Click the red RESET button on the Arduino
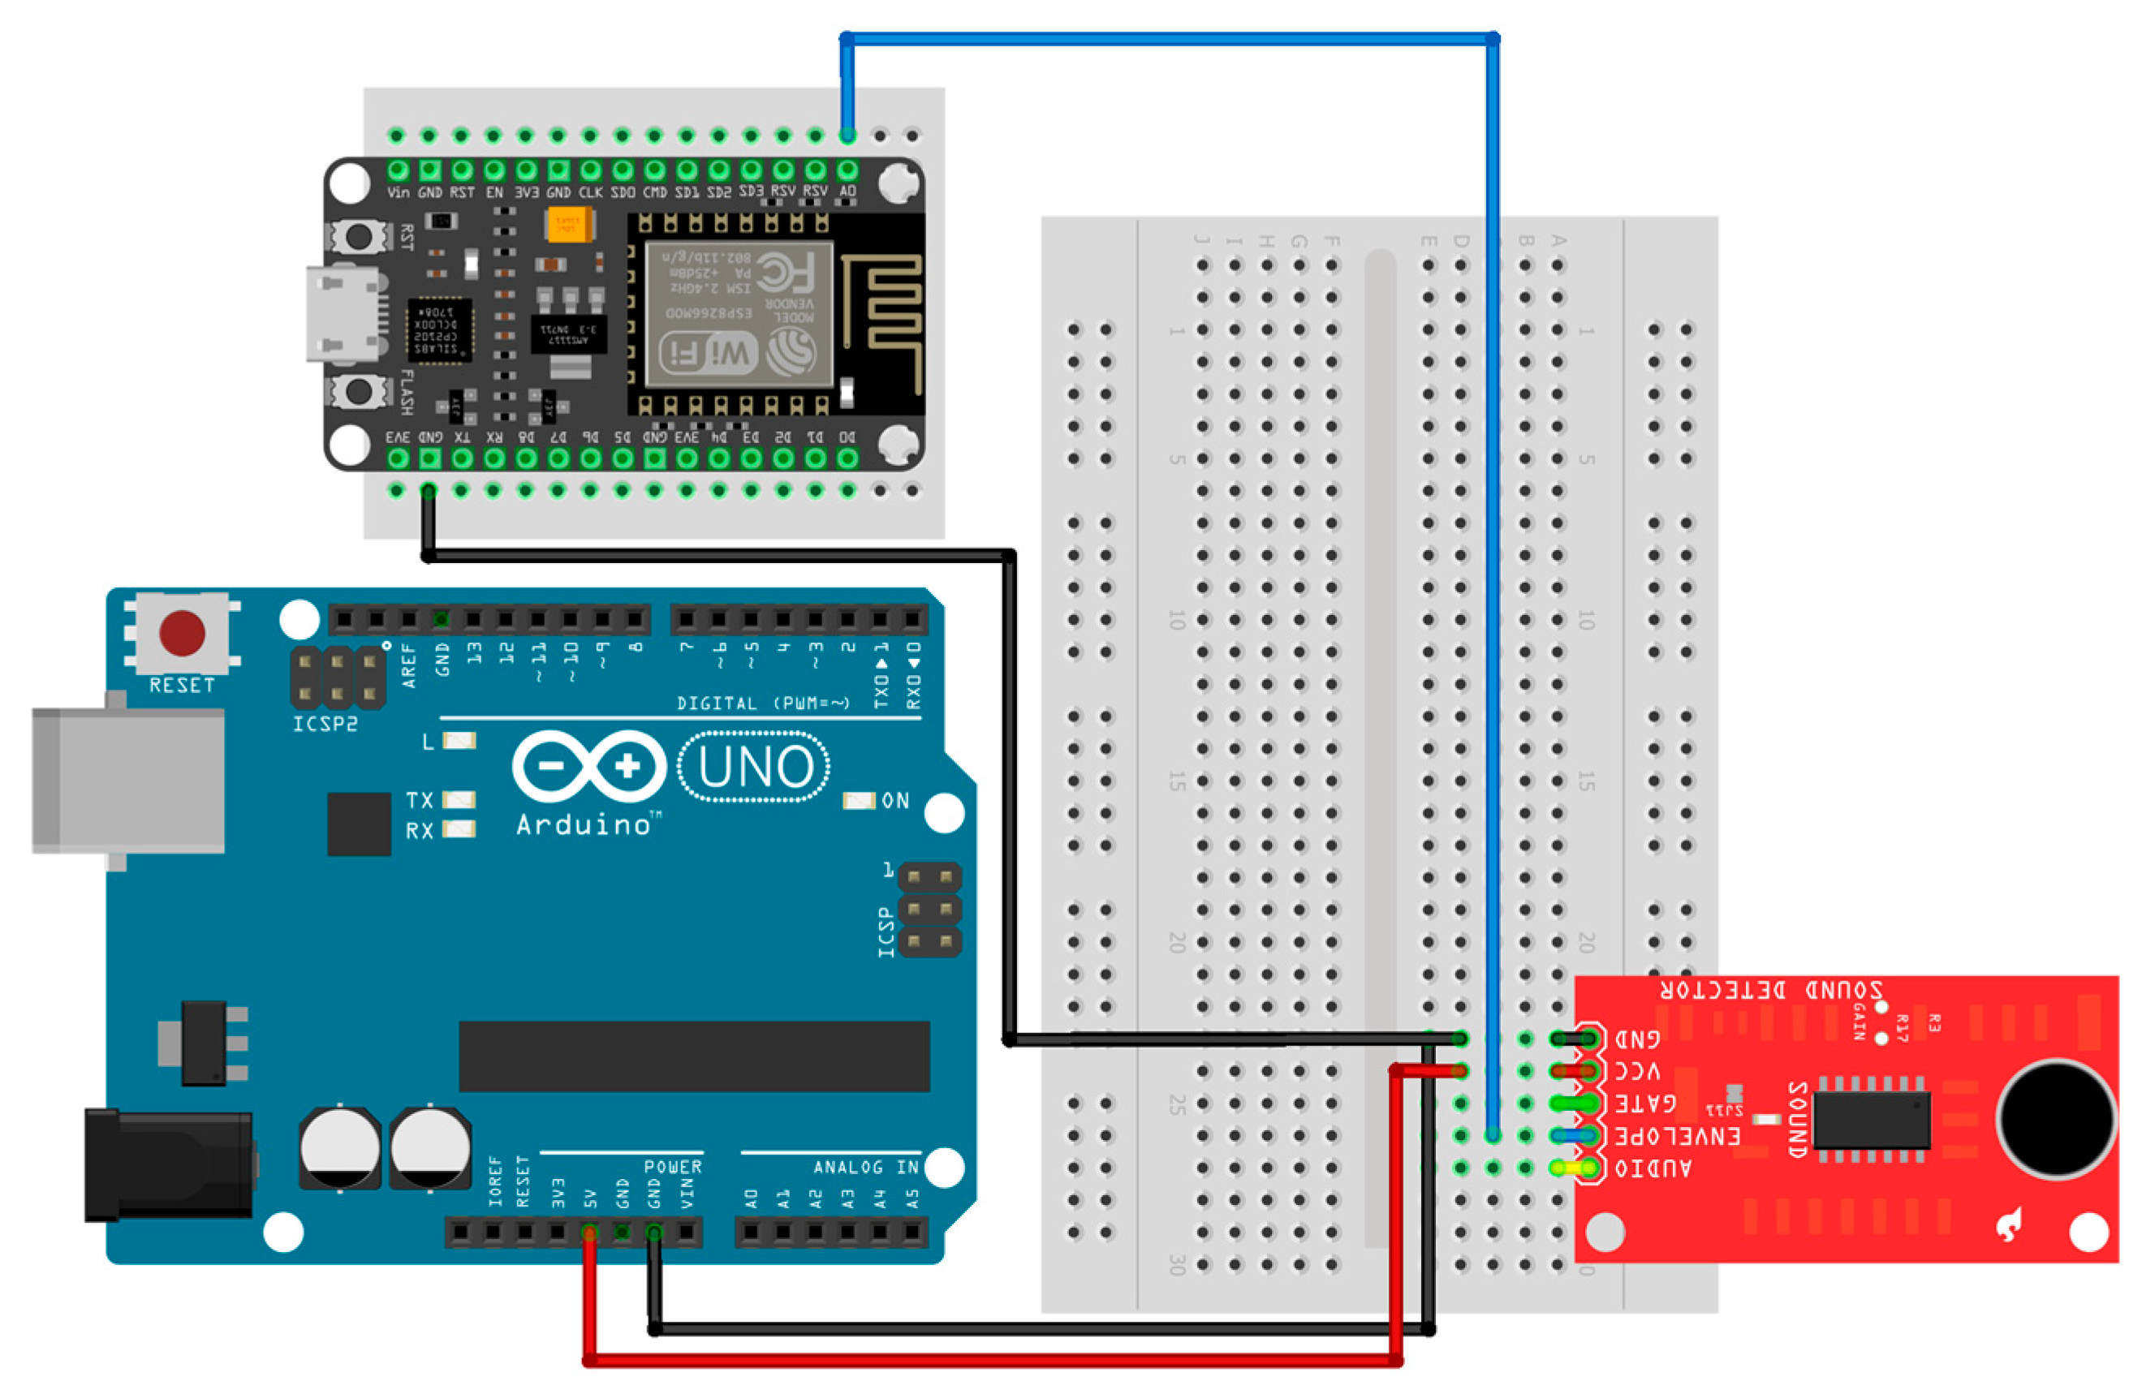click(x=182, y=633)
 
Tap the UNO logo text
click(x=754, y=768)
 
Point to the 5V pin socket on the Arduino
click(x=589, y=1232)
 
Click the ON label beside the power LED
click(x=894, y=800)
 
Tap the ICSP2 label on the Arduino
click(x=325, y=724)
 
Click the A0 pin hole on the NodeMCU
click(x=847, y=170)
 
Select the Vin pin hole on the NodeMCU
click(x=398, y=170)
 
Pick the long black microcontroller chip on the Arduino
click(x=694, y=1056)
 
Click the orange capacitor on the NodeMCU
click(x=570, y=223)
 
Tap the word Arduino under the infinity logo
click(x=584, y=825)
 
